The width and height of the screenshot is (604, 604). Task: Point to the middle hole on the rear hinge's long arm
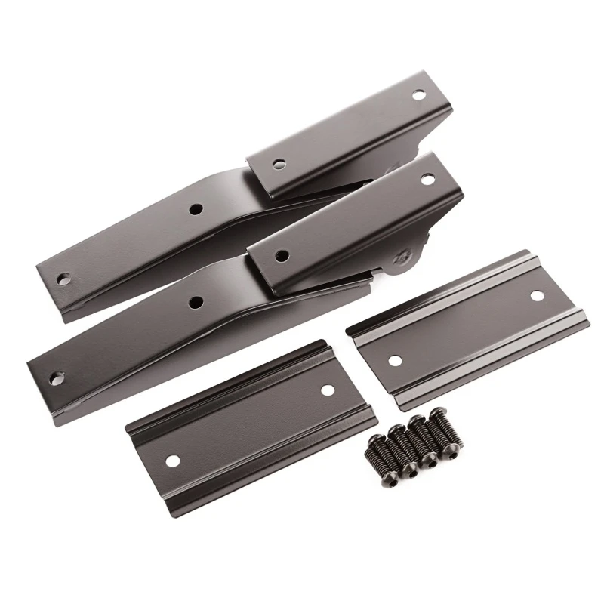(195, 208)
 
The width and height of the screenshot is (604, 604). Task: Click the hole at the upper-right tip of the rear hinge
(417, 96)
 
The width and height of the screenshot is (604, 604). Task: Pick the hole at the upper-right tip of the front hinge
(427, 180)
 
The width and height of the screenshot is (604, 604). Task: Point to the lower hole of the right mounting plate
(394, 361)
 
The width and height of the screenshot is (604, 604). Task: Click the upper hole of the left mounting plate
(326, 390)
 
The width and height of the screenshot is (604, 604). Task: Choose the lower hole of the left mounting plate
(173, 460)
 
